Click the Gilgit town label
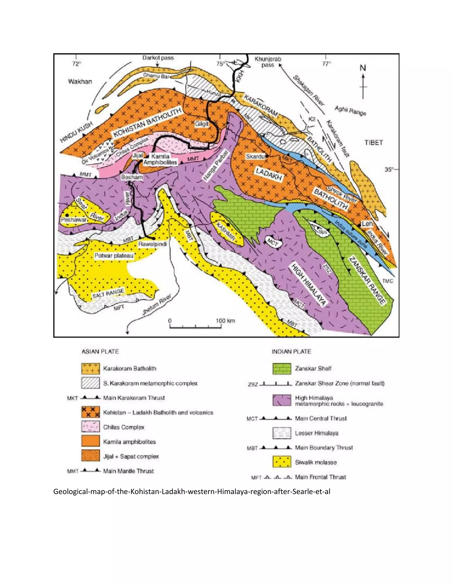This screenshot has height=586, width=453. click(202, 124)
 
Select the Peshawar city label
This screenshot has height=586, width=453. click(73, 220)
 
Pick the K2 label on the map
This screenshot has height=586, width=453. click(311, 119)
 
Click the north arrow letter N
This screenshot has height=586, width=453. click(363, 68)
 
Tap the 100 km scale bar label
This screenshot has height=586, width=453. click(225, 321)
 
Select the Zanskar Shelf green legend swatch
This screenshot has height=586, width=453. click(282, 368)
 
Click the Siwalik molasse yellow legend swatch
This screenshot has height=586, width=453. click(282, 462)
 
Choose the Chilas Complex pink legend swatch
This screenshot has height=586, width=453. click(91, 427)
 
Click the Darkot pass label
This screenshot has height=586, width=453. click(158, 58)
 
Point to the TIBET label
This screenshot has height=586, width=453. click(373, 142)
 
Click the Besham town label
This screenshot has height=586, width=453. click(132, 177)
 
